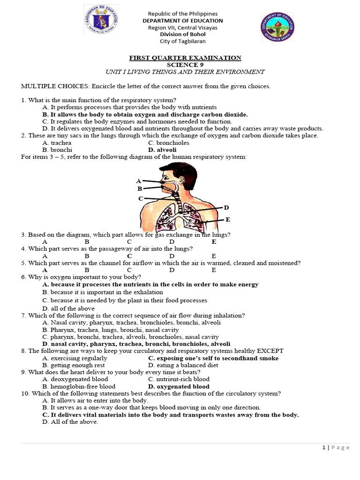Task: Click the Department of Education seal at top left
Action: tap(101, 20)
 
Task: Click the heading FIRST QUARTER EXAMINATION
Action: tap(185, 58)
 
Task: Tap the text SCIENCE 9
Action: tap(185, 65)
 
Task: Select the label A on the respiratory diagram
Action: tap(138, 181)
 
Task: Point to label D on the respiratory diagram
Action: tap(226, 208)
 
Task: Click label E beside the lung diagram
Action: tap(228, 219)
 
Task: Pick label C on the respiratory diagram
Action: tap(141, 199)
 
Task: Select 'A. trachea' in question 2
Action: tap(57, 142)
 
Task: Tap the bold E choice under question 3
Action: tap(214, 242)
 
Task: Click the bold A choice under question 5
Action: tap(45, 270)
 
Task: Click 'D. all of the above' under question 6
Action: tap(68, 308)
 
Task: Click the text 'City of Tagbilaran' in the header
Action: tap(185, 41)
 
